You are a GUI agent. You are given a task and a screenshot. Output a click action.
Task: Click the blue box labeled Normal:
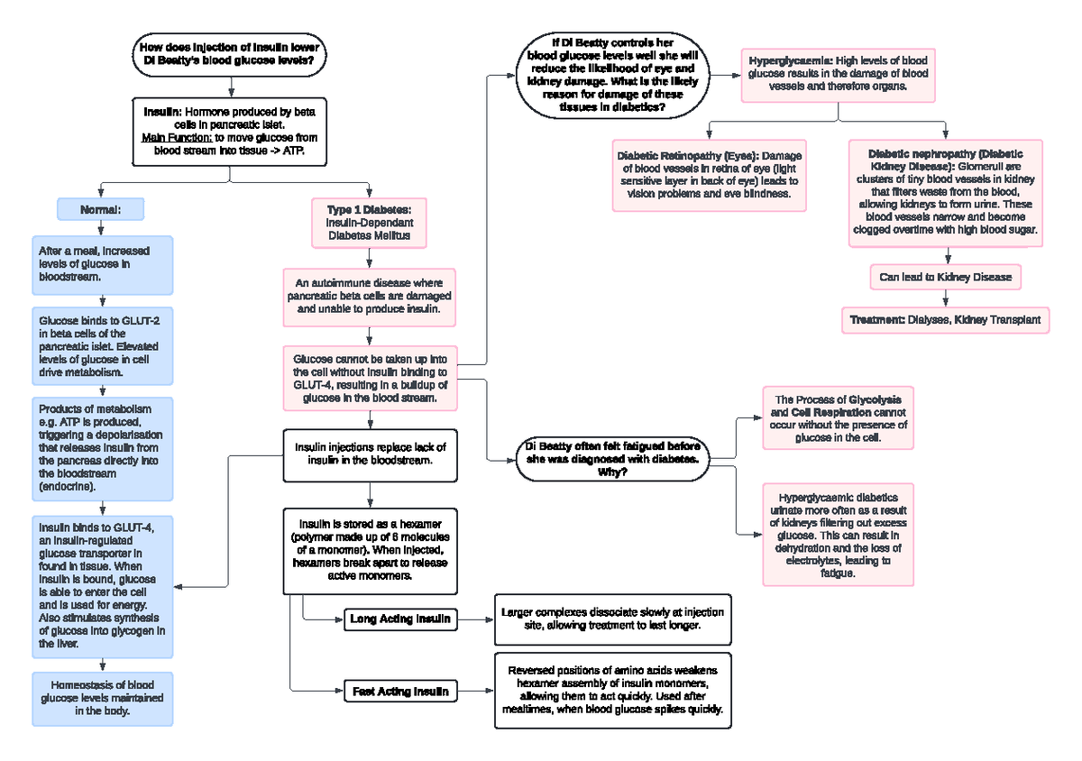(x=100, y=209)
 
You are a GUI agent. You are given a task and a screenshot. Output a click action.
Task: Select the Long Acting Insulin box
(x=401, y=619)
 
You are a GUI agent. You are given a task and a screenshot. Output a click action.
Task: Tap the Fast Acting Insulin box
(x=401, y=692)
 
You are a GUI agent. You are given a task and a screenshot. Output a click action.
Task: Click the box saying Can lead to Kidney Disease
(x=945, y=277)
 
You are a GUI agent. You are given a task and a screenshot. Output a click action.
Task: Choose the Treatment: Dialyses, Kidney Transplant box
(x=945, y=319)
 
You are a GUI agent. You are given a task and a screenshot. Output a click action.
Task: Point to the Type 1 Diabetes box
(x=369, y=222)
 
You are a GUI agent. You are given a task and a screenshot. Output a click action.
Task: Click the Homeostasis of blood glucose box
(x=102, y=698)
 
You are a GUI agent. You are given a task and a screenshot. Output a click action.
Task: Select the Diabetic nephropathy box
(x=945, y=192)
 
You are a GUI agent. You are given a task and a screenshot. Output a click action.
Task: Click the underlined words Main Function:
(x=177, y=138)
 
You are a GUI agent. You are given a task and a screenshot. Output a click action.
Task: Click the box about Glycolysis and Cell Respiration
(x=838, y=418)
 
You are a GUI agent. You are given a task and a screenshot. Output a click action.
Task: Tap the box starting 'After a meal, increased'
(x=102, y=264)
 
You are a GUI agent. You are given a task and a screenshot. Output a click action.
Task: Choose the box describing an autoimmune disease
(x=369, y=296)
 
